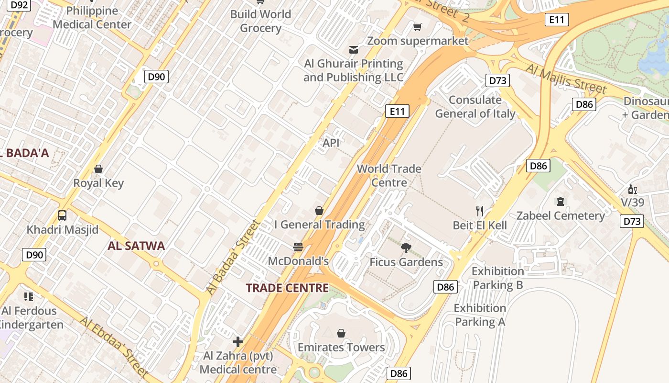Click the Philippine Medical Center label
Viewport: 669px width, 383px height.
tap(92, 18)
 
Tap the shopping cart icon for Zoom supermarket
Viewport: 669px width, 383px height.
tap(418, 27)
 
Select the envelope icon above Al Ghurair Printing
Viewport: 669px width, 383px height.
tap(354, 50)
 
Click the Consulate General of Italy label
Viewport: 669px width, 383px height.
tap(475, 107)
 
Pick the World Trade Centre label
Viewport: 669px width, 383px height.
tap(389, 176)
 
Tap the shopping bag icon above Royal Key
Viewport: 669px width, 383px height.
tap(98, 169)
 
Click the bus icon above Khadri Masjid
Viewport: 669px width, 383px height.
tap(62, 215)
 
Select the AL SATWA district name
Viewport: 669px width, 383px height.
tap(136, 246)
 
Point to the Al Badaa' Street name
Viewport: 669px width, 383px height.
tap(234, 257)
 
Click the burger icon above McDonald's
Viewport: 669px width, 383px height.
tap(298, 247)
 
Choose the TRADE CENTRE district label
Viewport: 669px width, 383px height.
tap(287, 288)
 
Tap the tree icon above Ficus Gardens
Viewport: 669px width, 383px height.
tap(406, 248)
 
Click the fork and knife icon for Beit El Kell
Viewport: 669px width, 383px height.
tap(480, 211)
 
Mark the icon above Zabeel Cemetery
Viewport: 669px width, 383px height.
tap(561, 202)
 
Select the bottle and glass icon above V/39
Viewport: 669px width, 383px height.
tap(633, 189)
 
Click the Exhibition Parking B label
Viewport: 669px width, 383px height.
tap(498, 278)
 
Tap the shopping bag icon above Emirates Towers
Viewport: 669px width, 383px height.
tap(341, 333)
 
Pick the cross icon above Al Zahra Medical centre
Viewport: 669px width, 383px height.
tap(238, 342)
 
